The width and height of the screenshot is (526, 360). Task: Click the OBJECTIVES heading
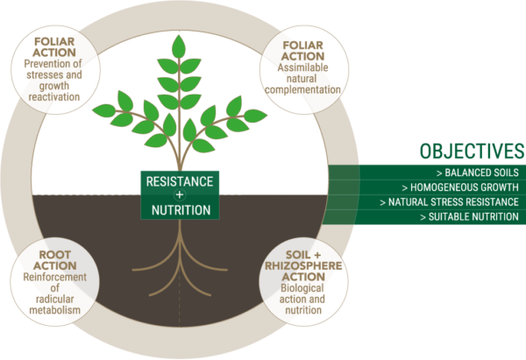click(472, 152)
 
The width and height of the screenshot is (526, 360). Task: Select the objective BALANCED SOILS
click(478, 173)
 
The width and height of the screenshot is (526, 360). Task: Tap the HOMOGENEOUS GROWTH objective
click(460, 187)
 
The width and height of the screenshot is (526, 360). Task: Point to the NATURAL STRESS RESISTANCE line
click(449, 202)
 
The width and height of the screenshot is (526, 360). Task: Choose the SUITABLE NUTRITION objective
click(470, 217)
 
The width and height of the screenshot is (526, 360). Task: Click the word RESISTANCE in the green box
click(180, 181)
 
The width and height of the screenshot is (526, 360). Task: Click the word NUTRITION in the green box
click(181, 210)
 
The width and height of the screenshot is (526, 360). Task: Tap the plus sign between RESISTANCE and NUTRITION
click(180, 194)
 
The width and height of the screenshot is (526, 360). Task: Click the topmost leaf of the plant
click(179, 46)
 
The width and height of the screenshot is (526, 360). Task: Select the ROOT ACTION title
click(55, 260)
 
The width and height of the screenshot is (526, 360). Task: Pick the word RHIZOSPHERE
click(303, 265)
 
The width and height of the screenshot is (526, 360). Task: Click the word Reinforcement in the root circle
click(54, 277)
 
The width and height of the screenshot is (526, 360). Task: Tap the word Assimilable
click(302, 67)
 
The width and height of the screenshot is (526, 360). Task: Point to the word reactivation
click(54, 97)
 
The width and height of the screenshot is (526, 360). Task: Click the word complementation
click(302, 90)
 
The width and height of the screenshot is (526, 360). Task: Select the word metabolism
click(54, 310)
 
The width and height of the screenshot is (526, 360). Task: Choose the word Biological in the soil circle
click(302, 288)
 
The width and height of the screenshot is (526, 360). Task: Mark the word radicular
click(54, 299)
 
